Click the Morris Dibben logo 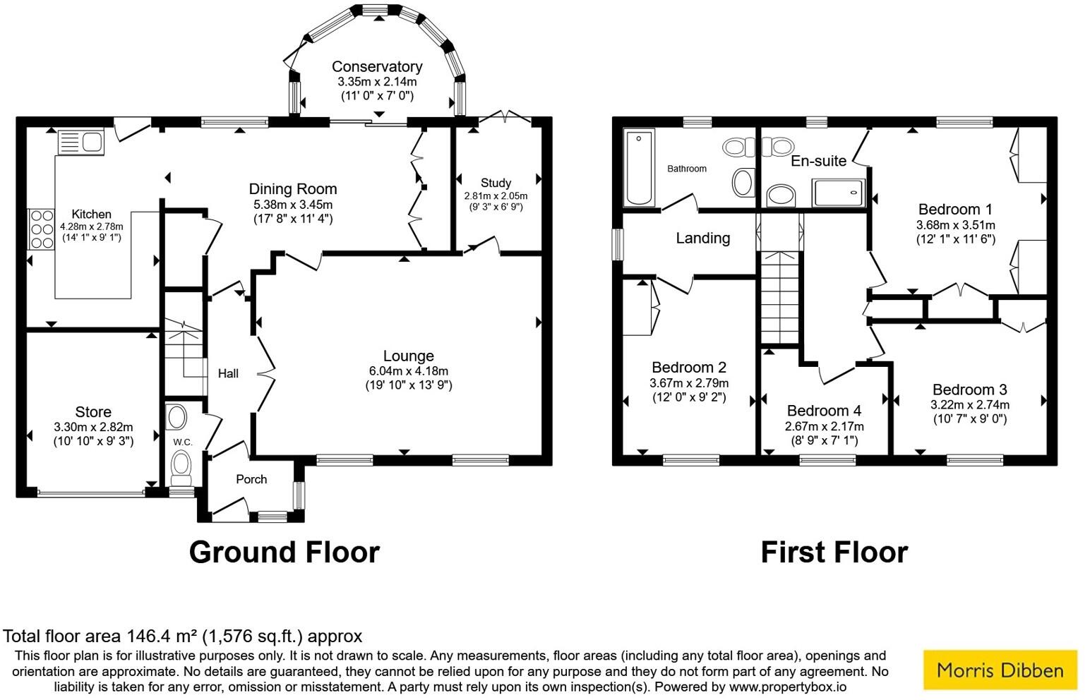(x=1000, y=669)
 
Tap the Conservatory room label (x=377, y=66)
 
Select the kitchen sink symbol (x=80, y=142)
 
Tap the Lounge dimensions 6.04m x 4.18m (x=408, y=371)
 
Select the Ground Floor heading (x=284, y=552)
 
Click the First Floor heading (x=834, y=552)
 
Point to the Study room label (x=496, y=183)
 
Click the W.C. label (x=183, y=442)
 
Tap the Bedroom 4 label (x=824, y=411)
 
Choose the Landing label (x=702, y=239)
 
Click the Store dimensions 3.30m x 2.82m (x=93, y=427)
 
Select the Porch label (x=251, y=480)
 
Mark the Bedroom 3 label (x=969, y=390)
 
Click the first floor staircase (x=780, y=296)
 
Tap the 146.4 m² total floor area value (x=162, y=636)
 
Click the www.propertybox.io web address (x=787, y=687)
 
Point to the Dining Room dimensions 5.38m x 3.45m (x=292, y=205)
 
